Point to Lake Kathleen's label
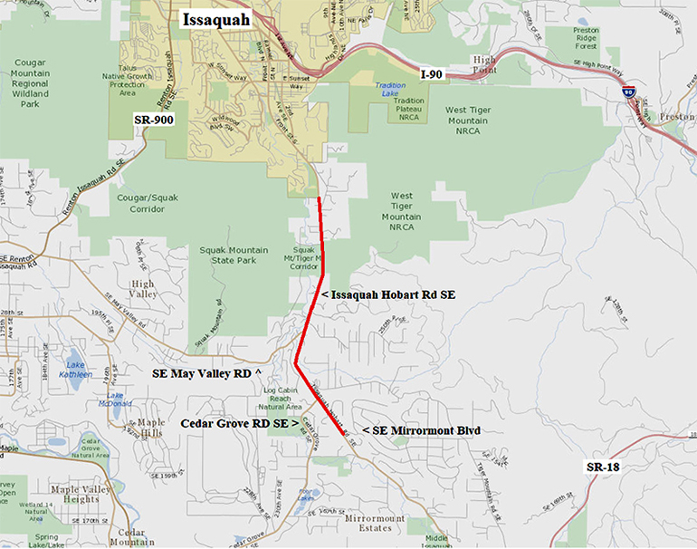click(76, 370)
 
